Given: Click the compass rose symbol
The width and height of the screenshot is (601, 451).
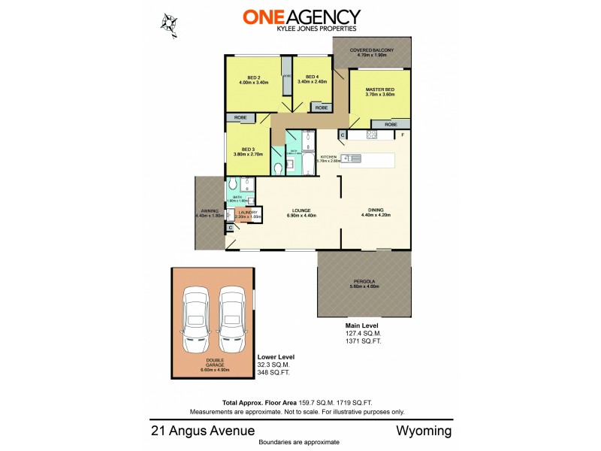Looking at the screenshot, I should (170, 22).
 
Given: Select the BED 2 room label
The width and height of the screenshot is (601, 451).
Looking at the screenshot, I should (254, 77).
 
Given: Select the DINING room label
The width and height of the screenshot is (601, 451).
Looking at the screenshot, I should (376, 211).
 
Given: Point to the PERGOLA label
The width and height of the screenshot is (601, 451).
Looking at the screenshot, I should (364, 283).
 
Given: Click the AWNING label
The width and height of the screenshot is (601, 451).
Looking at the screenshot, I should (209, 211).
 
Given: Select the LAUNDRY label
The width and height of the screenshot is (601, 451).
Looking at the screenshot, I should (249, 213).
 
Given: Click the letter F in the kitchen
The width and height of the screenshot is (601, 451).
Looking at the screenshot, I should (402, 135).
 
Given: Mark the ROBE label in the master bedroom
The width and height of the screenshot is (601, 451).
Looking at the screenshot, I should (391, 124).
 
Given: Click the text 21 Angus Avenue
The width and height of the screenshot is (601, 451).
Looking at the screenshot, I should (202, 431).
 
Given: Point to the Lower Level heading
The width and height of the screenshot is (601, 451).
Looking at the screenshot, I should (276, 356).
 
